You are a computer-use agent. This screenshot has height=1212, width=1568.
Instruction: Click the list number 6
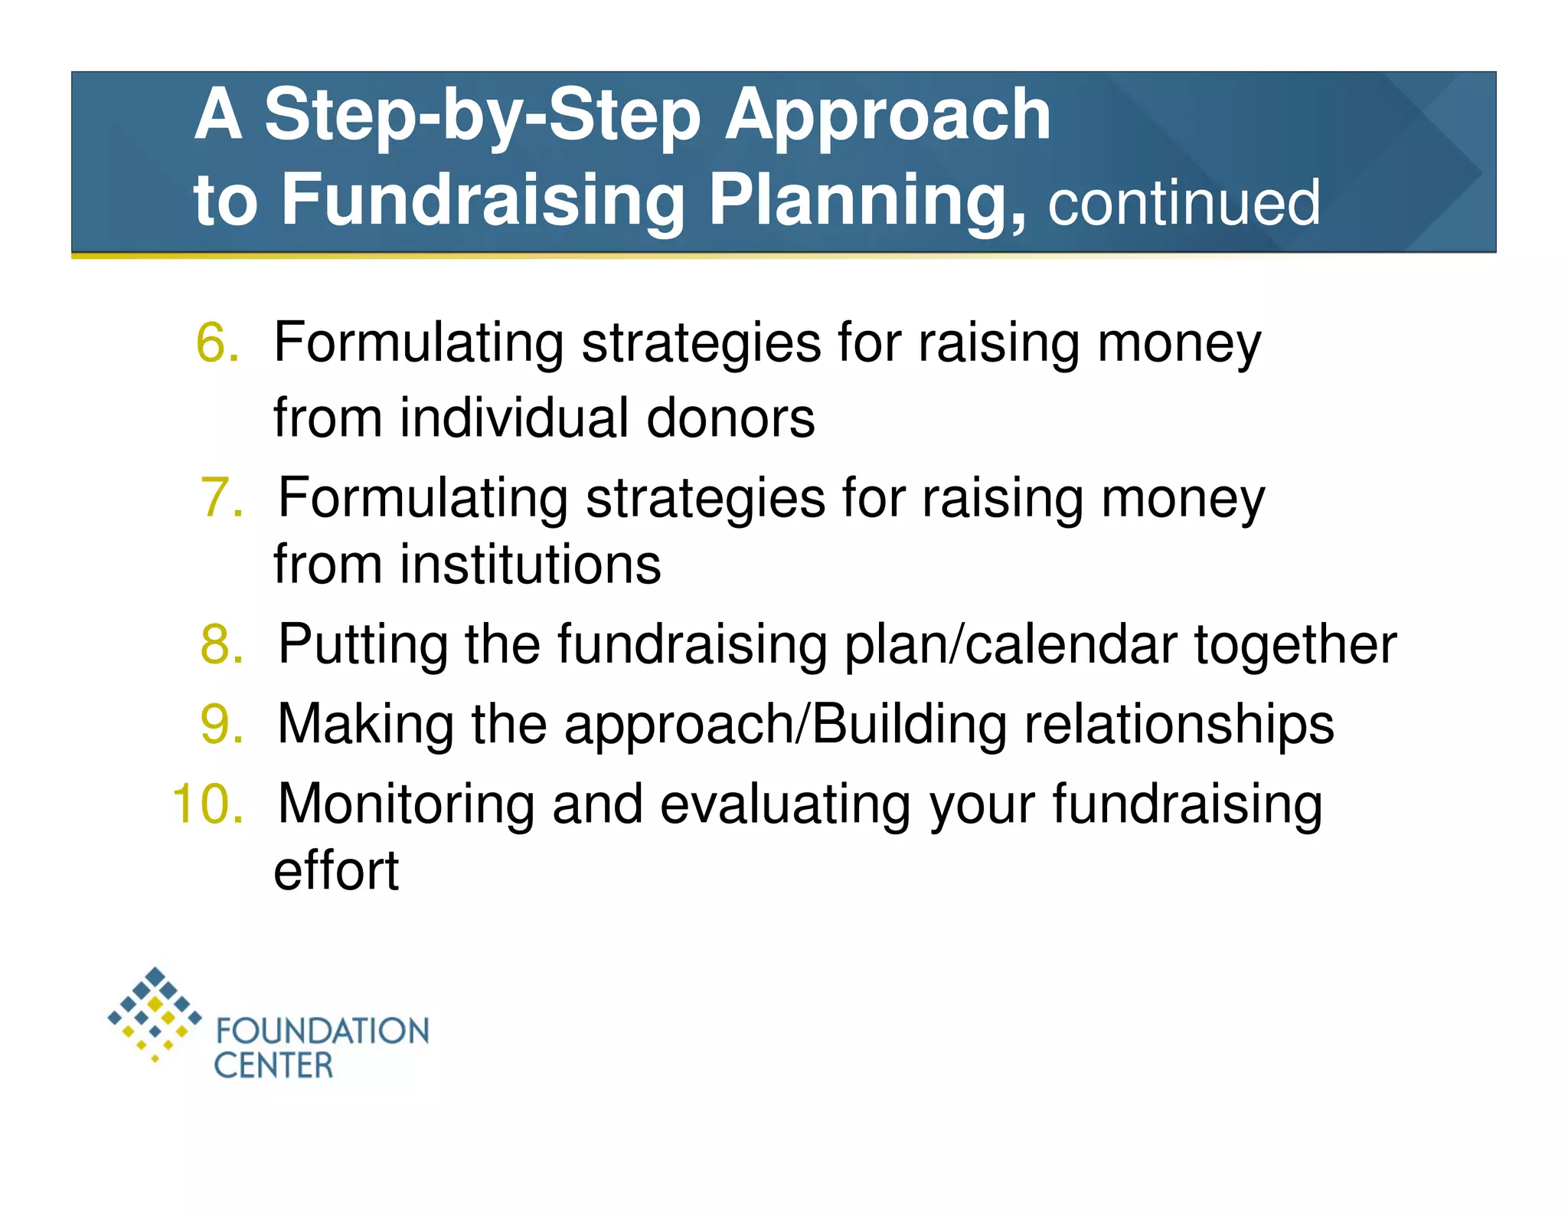[217, 342]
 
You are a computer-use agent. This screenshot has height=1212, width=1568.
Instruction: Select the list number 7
[221, 497]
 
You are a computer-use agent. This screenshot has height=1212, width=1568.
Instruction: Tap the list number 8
[221, 644]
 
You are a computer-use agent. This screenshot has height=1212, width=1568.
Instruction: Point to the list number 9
[221, 723]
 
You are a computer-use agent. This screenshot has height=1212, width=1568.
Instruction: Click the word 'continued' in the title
[1184, 203]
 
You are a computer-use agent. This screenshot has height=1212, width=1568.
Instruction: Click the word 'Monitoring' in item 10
[406, 804]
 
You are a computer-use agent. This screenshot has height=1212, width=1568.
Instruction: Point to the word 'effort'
[336, 871]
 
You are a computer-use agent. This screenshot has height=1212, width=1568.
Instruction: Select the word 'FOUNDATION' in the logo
[322, 1031]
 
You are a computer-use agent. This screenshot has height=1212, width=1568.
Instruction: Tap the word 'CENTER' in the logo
[273, 1066]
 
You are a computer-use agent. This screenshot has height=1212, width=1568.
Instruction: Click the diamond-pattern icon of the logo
[155, 1013]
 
